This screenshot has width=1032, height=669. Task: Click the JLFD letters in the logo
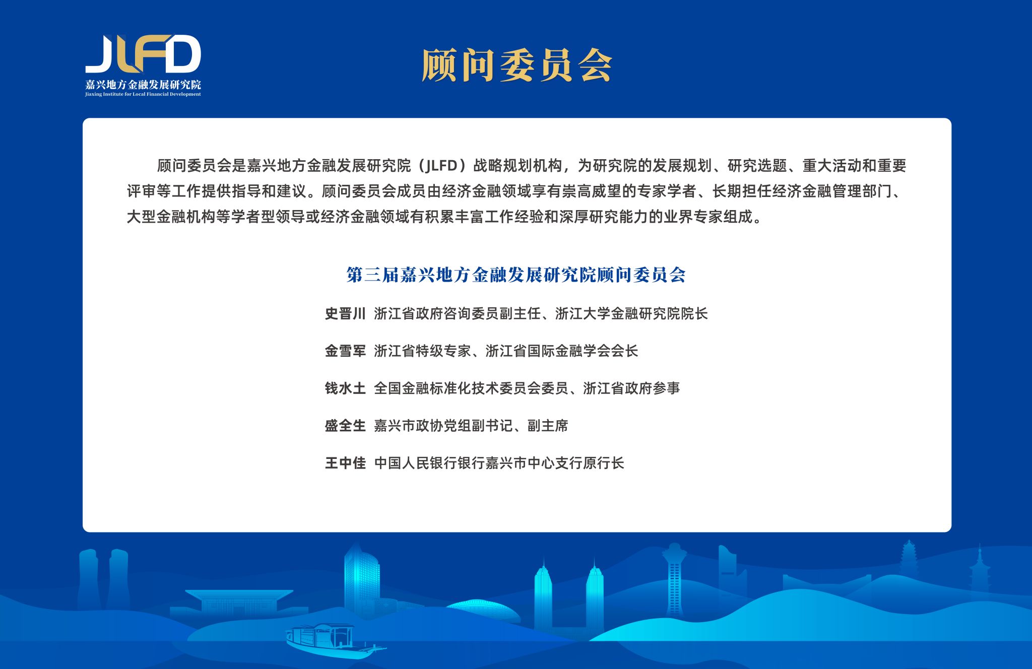(143, 54)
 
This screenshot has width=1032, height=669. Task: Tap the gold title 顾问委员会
(517, 65)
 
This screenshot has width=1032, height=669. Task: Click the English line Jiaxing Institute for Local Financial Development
(143, 94)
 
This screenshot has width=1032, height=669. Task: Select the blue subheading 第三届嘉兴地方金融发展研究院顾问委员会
(516, 275)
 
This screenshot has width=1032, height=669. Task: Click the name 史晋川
(345, 314)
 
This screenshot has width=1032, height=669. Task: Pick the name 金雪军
(345, 351)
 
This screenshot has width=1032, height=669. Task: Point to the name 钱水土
(345, 388)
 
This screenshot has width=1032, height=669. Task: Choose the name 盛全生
(345, 426)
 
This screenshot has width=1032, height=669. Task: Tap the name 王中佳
(345, 463)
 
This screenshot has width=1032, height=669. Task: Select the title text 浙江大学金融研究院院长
(631, 314)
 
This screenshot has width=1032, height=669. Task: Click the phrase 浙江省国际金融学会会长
(562, 351)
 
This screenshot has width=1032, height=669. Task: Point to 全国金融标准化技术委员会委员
(471, 388)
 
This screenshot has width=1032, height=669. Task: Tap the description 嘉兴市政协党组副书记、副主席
(471, 426)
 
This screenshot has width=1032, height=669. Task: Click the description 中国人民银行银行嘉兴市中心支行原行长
(499, 463)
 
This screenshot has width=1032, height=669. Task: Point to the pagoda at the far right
(980, 574)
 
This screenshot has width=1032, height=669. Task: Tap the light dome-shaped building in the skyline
(483, 612)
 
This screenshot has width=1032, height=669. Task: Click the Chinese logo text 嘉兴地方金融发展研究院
(143, 84)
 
